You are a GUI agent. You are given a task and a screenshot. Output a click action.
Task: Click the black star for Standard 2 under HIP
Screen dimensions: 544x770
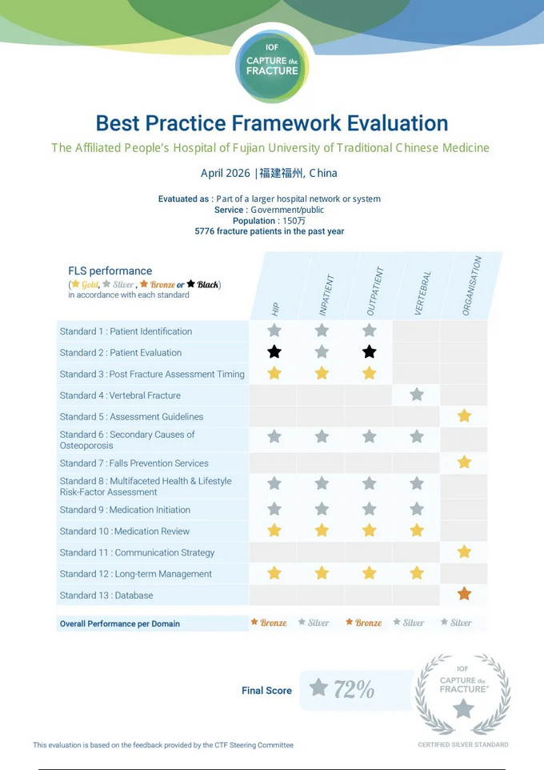coord(274,352)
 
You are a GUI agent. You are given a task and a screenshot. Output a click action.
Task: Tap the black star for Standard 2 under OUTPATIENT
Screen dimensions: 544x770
coord(370,352)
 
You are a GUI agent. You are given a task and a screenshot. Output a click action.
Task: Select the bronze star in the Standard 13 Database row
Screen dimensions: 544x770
coord(464,594)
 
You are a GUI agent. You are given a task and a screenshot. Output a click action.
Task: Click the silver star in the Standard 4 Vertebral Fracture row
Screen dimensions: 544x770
coord(417,395)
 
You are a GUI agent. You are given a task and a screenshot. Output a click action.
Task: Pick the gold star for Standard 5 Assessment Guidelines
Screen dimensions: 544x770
coord(464,416)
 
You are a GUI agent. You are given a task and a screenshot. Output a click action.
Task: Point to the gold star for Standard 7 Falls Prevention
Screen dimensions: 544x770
coord(464,462)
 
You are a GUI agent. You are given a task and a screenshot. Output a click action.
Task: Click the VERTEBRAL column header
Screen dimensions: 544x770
coord(422,293)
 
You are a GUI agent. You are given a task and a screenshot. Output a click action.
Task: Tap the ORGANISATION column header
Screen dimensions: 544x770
coord(471,286)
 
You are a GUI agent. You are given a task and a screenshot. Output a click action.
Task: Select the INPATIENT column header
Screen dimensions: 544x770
coord(326,295)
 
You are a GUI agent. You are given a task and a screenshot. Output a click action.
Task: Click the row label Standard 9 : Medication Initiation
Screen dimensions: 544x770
coord(125,510)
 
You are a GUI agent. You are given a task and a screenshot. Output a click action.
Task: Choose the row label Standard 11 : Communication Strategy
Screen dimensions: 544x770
coord(137,552)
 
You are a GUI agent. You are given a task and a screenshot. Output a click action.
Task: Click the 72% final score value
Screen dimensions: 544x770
coord(354,689)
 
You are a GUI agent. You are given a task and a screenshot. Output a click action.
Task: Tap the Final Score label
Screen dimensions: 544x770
coord(266,691)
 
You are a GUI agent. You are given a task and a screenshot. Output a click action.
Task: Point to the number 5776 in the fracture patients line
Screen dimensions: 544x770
coord(204,231)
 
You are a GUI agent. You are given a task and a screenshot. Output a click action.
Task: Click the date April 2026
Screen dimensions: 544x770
coord(226,173)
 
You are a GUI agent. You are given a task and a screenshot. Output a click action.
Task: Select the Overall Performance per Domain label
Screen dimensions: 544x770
coord(120,624)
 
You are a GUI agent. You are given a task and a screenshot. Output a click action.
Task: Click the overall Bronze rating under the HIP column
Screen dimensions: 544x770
coord(269,623)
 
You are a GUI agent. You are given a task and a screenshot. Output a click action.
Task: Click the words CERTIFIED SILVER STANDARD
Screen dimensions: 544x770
coord(463,744)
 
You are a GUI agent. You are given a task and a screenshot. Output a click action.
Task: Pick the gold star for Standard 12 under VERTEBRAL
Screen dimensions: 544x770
coord(417,572)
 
